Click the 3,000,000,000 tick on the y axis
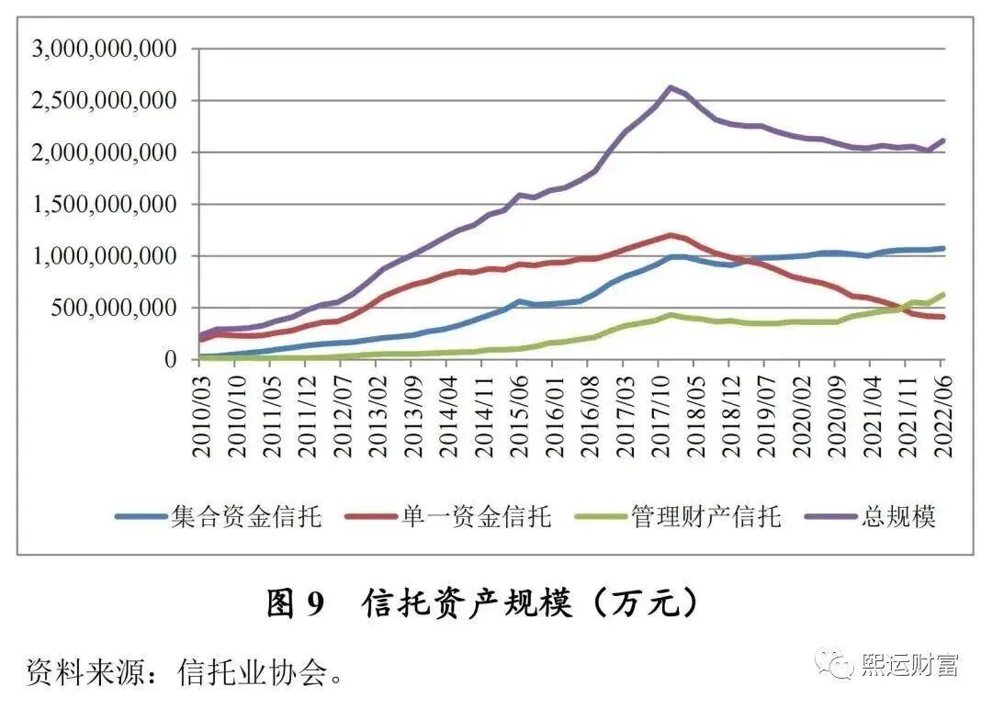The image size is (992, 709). click(x=104, y=49)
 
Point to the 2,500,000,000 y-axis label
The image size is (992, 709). click(x=104, y=100)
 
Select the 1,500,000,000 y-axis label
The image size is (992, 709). click(x=104, y=204)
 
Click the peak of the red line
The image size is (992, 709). click(x=671, y=235)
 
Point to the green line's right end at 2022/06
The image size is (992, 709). click(x=942, y=295)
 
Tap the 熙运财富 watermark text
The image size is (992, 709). click(x=909, y=664)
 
